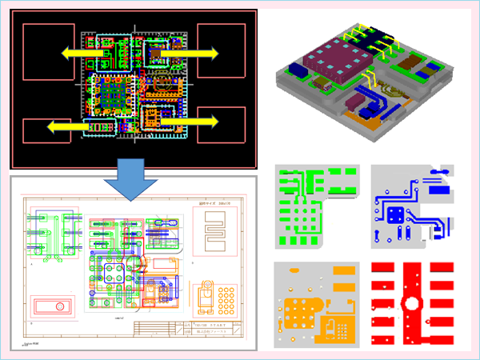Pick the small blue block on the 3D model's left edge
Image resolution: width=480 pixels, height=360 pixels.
point(291,72)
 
